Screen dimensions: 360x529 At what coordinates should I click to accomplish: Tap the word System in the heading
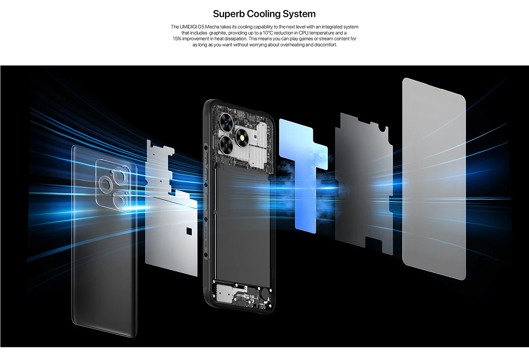(301, 14)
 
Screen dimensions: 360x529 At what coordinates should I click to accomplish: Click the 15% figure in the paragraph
(177, 39)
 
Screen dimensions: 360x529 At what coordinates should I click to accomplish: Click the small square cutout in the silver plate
(190, 230)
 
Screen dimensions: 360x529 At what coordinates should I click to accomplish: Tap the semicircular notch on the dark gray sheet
(384, 129)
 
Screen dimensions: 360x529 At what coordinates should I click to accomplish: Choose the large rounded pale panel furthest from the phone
(433, 178)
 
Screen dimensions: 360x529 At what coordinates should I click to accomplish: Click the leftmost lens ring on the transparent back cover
(105, 183)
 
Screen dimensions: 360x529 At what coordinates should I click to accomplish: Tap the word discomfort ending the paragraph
(325, 45)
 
